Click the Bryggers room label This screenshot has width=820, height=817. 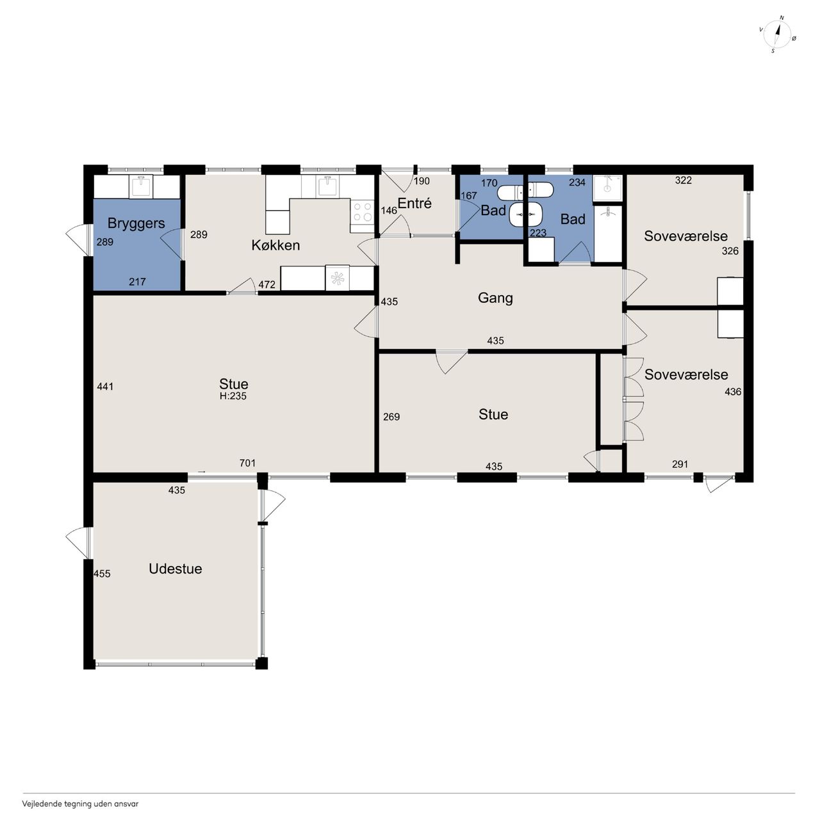[x=136, y=223]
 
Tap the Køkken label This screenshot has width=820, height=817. [x=275, y=245]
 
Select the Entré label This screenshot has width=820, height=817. [x=414, y=204]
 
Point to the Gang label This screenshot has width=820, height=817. [x=495, y=298]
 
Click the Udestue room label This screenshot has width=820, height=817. [x=176, y=569]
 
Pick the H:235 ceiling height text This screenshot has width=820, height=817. [x=233, y=396]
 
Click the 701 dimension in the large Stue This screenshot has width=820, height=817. [x=247, y=463]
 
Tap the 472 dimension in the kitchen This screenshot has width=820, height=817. [x=266, y=284]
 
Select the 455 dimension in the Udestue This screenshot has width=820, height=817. [x=102, y=574]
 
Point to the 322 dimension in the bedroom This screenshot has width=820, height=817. [x=683, y=181]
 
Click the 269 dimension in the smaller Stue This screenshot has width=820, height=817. [x=391, y=417]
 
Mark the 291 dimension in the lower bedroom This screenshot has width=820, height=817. [x=680, y=464]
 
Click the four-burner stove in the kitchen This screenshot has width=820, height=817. [x=362, y=212]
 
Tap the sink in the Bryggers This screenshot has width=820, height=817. [x=142, y=187]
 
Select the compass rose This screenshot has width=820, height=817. [x=777, y=35]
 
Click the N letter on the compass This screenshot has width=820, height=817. [x=782, y=18]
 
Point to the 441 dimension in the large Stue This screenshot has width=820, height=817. [x=105, y=387]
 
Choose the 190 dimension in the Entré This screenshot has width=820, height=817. [x=422, y=181]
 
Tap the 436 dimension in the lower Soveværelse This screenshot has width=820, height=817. [x=733, y=392]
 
